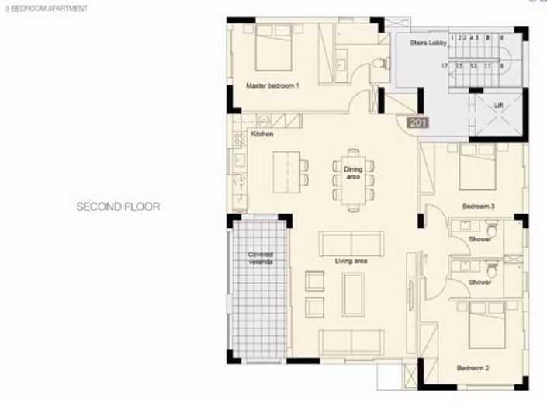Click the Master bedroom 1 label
point(272,85)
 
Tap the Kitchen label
point(263,134)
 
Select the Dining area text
point(353,172)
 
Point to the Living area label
point(351,261)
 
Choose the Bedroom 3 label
point(478,207)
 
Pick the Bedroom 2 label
point(472,367)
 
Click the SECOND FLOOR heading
point(118,207)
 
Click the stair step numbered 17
point(445,67)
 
